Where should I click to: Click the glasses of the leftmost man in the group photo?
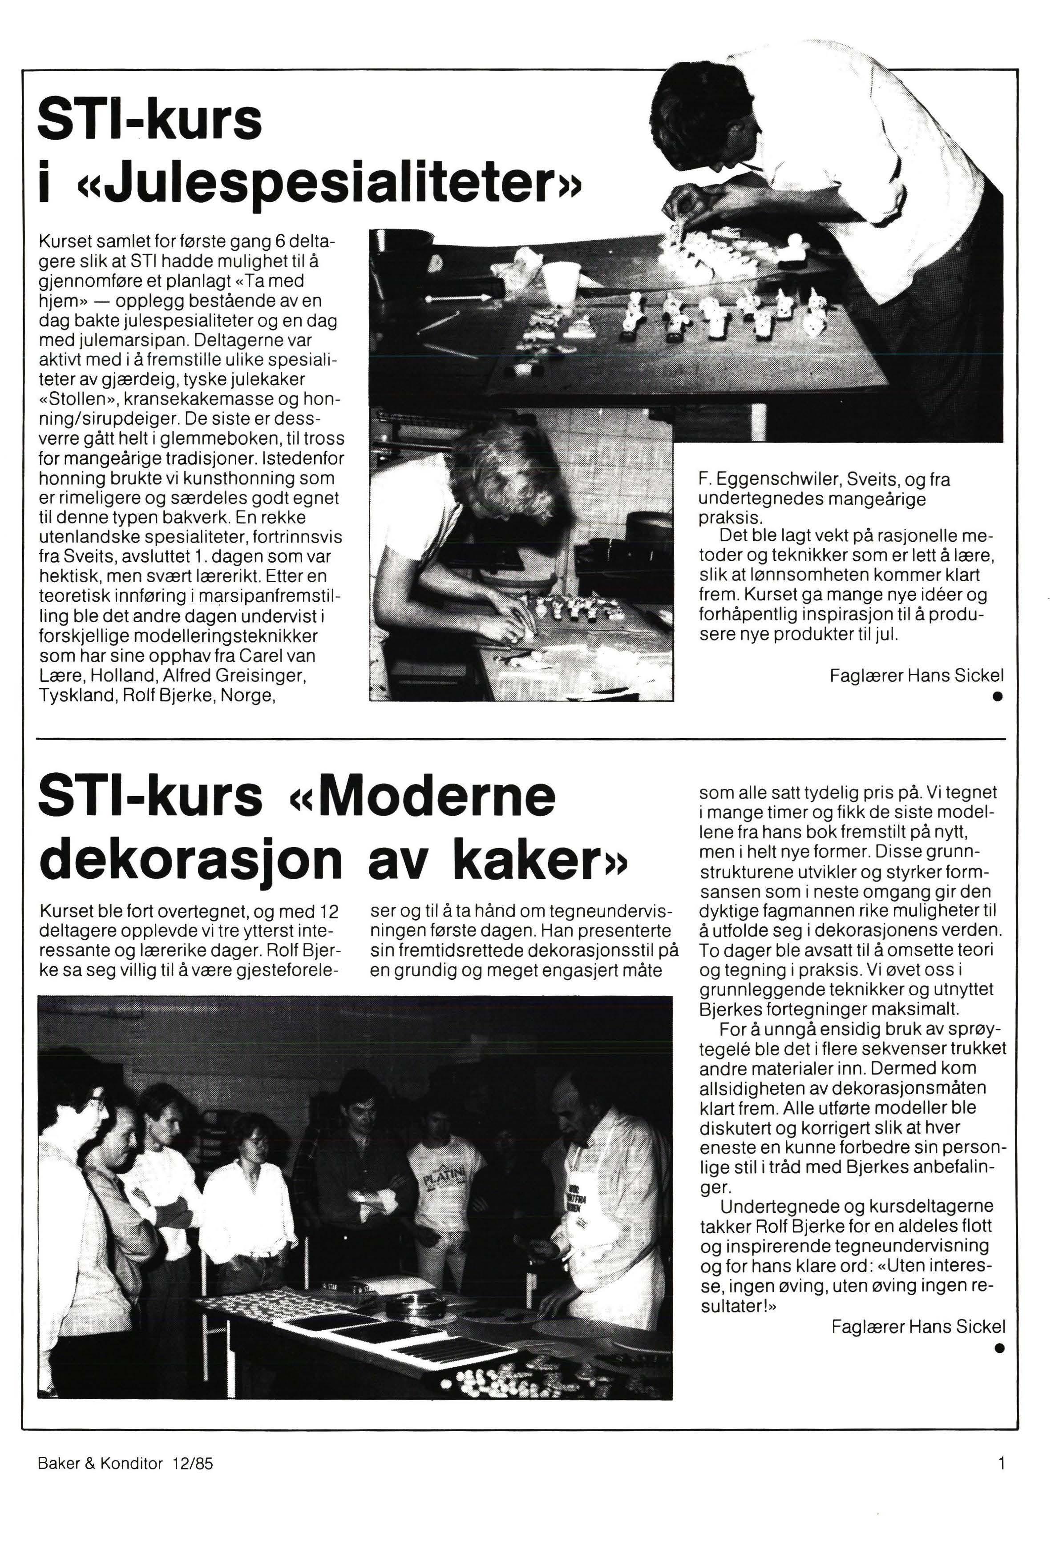coord(95,1096)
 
